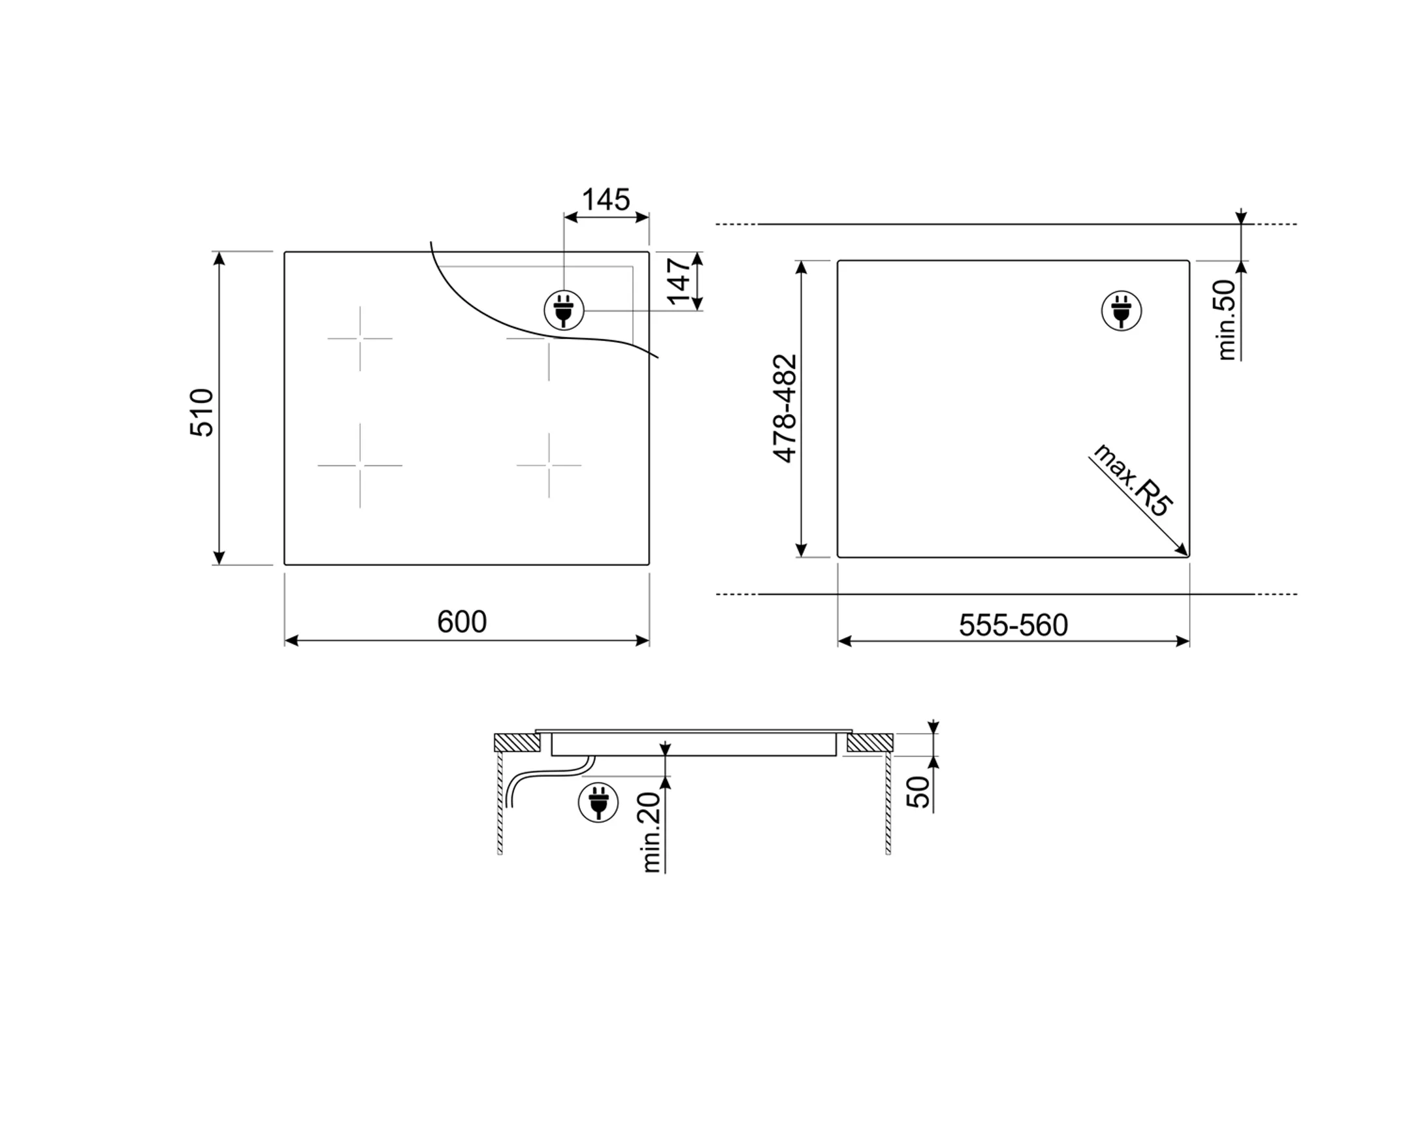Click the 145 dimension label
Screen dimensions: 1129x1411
[x=606, y=200]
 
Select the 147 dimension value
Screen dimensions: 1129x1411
[x=679, y=281]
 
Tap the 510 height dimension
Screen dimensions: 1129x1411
[x=202, y=412]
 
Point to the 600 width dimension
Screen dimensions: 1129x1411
[x=462, y=622]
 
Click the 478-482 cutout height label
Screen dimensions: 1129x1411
[x=785, y=408]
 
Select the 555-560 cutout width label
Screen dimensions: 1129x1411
[x=1013, y=625]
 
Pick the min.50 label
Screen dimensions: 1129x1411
[x=1226, y=319]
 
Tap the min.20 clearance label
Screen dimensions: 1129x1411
[x=652, y=832]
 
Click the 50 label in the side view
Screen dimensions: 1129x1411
[x=918, y=792]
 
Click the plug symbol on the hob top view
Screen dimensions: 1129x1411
[x=564, y=310]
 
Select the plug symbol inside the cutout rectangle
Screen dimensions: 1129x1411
[x=1122, y=310]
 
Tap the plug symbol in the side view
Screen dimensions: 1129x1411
[x=598, y=802]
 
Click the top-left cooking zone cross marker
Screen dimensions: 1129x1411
[x=360, y=338]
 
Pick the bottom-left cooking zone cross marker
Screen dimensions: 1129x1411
[x=360, y=465]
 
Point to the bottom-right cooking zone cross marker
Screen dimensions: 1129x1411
[x=549, y=465]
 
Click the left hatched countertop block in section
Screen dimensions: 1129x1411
[x=516, y=742]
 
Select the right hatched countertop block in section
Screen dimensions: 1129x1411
[x=869, y=742]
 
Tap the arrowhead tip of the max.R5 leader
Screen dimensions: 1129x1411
[x=1186, y=555]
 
